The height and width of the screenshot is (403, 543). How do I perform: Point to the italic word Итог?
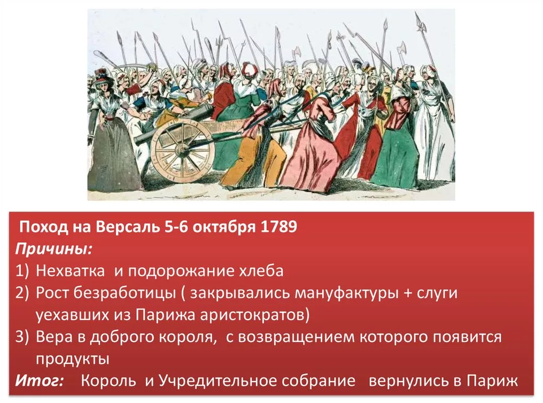click(x=39, y=381)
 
